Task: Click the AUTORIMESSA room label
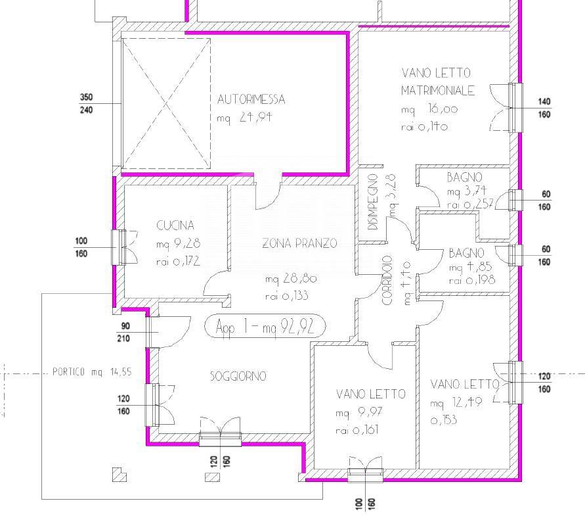point(251,99)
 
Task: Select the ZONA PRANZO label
point(299,243)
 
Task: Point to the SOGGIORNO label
point(238,375)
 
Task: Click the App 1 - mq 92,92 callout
point(265,326)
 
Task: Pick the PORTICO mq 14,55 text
point(92,372)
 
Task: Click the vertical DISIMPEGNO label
point(373,202)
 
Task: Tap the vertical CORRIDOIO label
point(387,280)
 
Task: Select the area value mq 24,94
point(244,118)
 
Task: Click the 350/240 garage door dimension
point(86,103)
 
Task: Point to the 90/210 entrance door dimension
point(125,332)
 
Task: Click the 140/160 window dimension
point(544,108)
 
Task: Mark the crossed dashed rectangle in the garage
point(166,103)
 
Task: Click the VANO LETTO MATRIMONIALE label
point(438,82)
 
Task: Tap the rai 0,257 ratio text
point(471,204)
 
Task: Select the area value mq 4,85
point(471,267)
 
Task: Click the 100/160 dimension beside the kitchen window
point(81,247)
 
